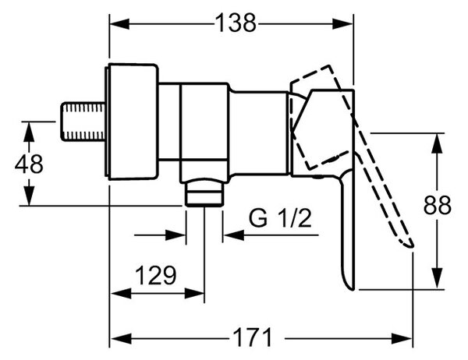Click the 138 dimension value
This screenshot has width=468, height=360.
pos(236,23)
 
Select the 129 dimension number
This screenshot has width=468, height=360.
pos(155,275)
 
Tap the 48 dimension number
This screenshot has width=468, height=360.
pos(29,164)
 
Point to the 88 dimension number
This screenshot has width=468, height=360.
pos(438,205)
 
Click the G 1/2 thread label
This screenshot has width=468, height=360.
pos(280,218)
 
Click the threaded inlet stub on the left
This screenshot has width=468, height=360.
pos(83,122)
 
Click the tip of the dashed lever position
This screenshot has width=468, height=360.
pos(411,246)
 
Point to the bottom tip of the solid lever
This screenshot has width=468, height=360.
pos(352,289)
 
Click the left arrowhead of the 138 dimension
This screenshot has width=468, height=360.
pos(119,24)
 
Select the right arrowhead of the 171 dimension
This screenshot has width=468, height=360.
pos(402,339)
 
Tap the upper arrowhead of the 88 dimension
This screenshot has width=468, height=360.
pos(438,143)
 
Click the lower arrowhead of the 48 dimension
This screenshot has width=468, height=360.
pos(29,196)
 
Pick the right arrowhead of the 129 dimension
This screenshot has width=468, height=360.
pos(194,294)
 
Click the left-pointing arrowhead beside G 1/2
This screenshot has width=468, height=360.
pos(234,235)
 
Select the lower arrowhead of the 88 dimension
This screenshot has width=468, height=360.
pos(438,279)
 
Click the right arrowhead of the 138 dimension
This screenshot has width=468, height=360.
pos(342,24)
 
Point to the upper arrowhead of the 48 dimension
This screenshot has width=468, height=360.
pos(29,132)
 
